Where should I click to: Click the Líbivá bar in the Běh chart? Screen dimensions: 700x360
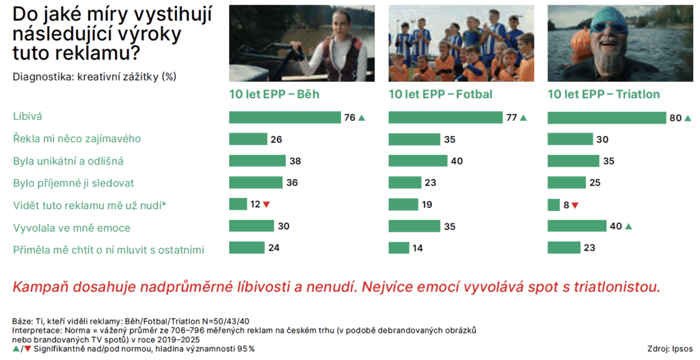(x=285, y=117)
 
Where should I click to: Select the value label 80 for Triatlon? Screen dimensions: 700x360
(x=675, y=117)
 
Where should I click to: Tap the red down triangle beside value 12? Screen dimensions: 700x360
(x=267, y=205)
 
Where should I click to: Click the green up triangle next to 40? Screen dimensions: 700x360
(x=629, y=227)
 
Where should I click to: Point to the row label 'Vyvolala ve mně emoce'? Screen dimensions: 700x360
(x=72, y=227)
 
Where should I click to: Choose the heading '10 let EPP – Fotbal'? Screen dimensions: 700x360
(x=440, y=94)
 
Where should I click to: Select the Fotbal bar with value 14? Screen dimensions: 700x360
(x=399, y=247)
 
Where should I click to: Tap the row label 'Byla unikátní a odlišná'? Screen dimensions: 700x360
(x=68, y=161)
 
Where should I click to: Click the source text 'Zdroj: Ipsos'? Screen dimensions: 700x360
(x=670, y=349)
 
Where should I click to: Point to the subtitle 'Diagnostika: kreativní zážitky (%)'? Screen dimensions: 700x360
(x=94, y=77)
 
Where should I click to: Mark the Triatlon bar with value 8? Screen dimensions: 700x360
(x=554, y=205)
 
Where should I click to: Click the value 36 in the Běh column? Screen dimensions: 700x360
(x=292, y=183)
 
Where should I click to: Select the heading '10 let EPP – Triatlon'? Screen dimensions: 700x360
(x=604, y=94)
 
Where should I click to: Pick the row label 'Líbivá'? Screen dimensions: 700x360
(x=27, y=116)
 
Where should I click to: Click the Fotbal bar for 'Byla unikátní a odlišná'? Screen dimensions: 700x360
(x=418, y=161)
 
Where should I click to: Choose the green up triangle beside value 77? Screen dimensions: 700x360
(x=524, y=117)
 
